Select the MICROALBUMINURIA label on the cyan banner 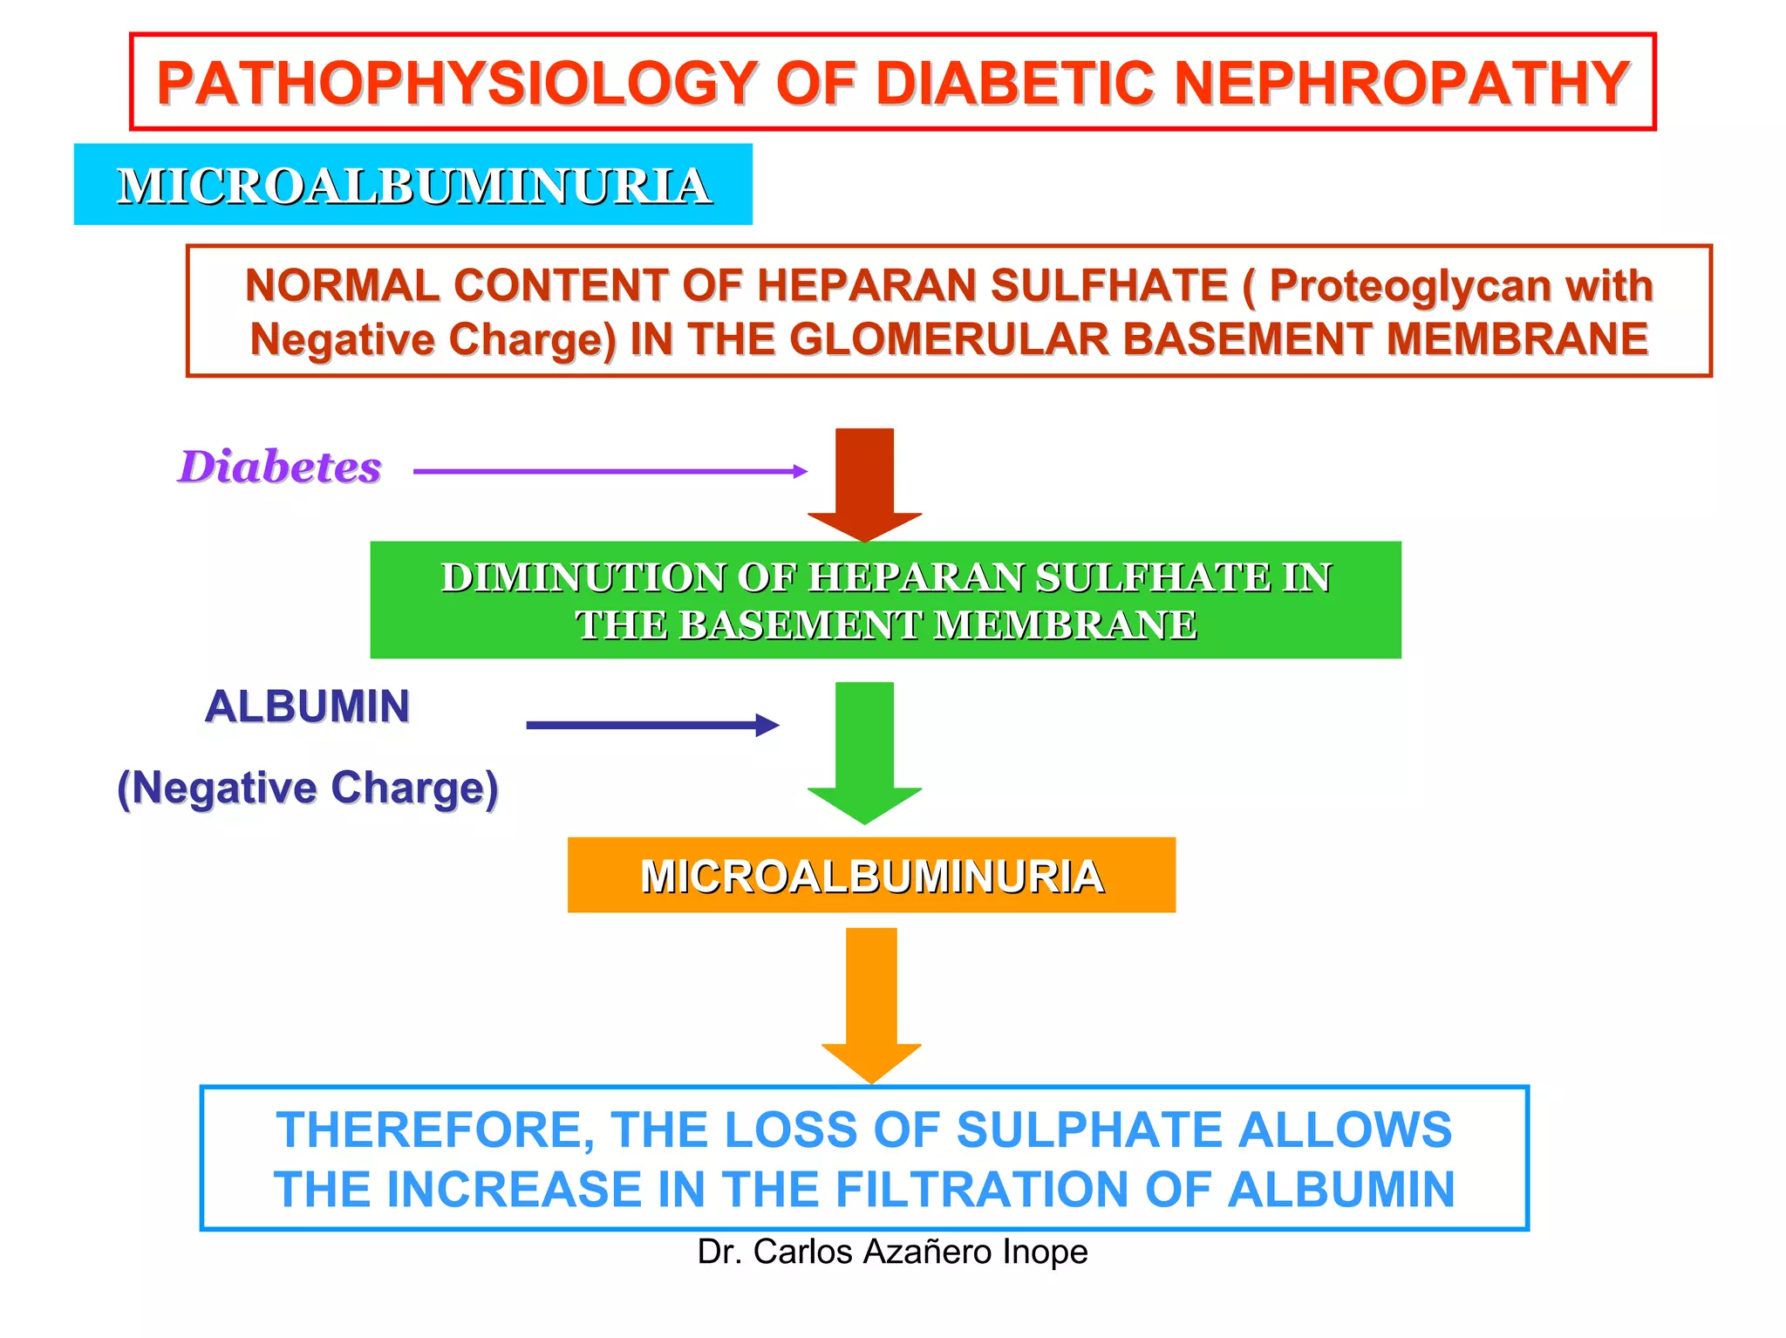point(413,186)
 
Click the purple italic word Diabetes point(280,467)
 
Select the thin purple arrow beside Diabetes point(610,471)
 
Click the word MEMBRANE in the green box point(1065,625)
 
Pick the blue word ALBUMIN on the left point(307,707)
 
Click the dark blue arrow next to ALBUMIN point(651,725)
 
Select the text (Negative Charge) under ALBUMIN point(308,788)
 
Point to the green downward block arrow point(864,750)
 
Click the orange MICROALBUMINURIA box point(871,876)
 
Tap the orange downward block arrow point(871,1003)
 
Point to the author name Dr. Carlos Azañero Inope point(892,1252)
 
